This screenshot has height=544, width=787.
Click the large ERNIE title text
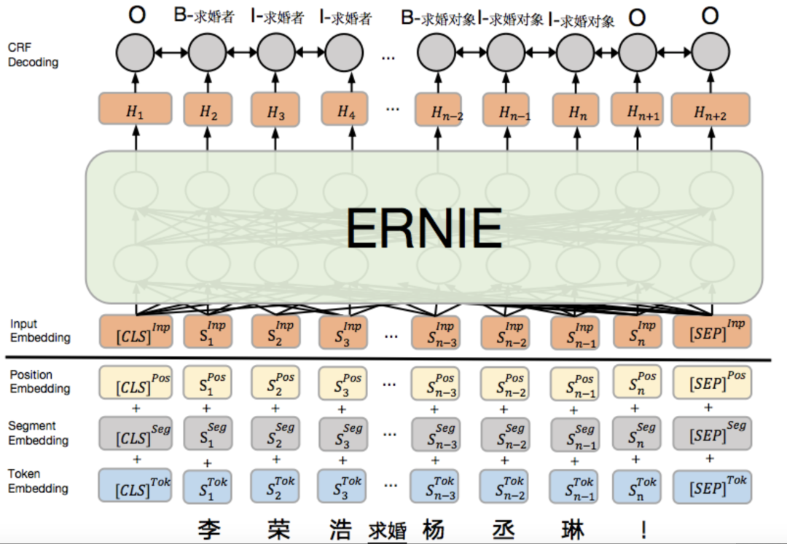click(x=424, y=228)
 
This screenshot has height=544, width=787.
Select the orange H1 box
click(x=135, y=110)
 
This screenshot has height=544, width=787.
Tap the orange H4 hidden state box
click(x=345, y=111)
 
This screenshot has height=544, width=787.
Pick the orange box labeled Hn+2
click(x=710, y=111)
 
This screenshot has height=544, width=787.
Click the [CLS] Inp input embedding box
click(x=136, y=331)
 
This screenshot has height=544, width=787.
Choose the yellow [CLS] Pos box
click(x=136, y=382)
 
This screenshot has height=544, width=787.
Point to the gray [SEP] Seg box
click(x=710, y=433)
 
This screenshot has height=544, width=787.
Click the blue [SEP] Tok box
click(x=710, y=485)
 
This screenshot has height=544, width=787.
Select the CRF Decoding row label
click(x=33, y=55)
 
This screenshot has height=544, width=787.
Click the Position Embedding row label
click(x=39, y=381)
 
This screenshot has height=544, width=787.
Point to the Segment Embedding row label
click(x=39, y=433)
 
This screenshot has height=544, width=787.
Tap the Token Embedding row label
click(x=38, y=481)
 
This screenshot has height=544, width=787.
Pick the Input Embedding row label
click(x=40, y=331)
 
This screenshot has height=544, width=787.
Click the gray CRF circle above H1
click(x=135, y=52)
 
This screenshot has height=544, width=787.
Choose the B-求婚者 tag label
click(x=204, y=16)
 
